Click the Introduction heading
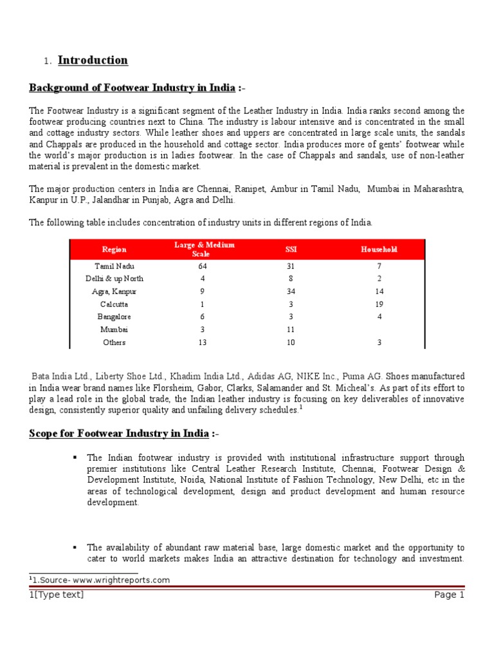pyautogui.click(x=93, y=60)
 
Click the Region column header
pyautogui.click(x=114, y=250)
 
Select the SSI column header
pyautogui.click(x=291, y=250)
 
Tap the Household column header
pyautogui.click(x=379, y=250)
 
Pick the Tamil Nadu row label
pyautogui.click(x=114, y=266)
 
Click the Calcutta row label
pyautogui.click(x=114, y=304)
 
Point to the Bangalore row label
pyautogui.click(x=114, y=317)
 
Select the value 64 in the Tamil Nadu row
pyautogui.click(x=203, y=266)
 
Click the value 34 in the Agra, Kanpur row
pyautogui.click(x=291, y=292)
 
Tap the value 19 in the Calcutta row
pyautogui.click(x=379, y=304)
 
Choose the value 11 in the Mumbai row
pyautogui.click(x=291, y=329)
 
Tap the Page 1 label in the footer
pyautogui.click(x=449, y=595)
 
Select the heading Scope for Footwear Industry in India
pyautogui.click(x=119, y=434)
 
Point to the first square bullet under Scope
pyautogui.click(x=75, y=457)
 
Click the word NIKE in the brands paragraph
pyautogui.click(x=332, y=376)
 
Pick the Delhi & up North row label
pyautogui.click(x=114, y=279)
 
